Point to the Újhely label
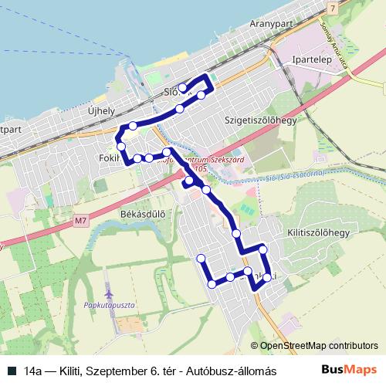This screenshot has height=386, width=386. click(102, 110)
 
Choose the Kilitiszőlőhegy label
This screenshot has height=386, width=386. click(319, 232)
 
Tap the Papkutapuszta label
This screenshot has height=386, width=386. click(110, 305)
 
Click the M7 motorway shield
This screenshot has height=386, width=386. click(82, 222)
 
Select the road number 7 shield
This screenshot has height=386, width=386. click(332, 8)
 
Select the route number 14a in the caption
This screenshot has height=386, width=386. click(33, 371)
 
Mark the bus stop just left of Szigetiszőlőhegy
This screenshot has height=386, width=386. click(201, 95)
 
